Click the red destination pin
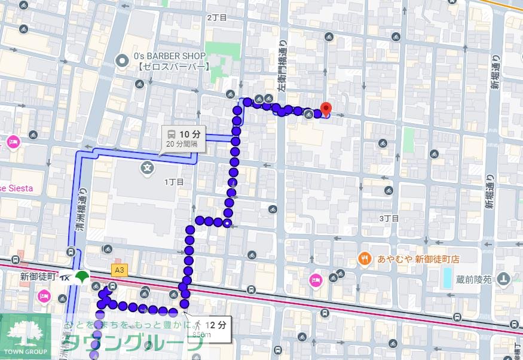(325, 108)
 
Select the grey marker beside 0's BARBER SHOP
(123, 60)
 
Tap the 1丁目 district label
(174, 182)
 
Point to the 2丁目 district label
(217, 17)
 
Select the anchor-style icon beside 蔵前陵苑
(504, 278)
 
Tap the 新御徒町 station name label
(38, 277)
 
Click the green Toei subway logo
(82, 277)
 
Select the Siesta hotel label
(16, 188)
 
